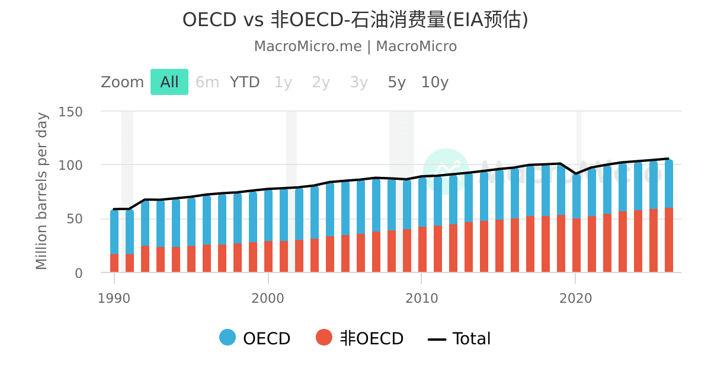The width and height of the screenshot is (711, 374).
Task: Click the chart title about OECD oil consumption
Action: (355, 20)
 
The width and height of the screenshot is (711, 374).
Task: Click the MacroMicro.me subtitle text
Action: (355, 46)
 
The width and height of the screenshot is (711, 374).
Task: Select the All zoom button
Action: (169, 82)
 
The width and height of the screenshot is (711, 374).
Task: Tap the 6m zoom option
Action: (207, 82)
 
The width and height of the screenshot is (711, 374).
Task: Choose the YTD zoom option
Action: (245, 82)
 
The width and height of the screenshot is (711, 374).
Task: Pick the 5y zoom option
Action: (396, 82)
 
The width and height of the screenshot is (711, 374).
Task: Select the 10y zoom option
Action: (434, 82)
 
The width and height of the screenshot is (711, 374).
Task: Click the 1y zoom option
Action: (283, 82)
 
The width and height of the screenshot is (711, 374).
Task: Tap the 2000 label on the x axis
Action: (268, 298)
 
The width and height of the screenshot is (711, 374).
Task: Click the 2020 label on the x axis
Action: (575, 298)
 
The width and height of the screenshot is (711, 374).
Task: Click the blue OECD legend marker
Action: (228, 338)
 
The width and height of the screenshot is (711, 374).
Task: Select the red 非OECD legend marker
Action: (324, 338)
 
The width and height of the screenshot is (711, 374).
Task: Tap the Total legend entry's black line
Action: (437, 339)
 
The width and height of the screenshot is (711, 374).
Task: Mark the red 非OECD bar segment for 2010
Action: (422, 249)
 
